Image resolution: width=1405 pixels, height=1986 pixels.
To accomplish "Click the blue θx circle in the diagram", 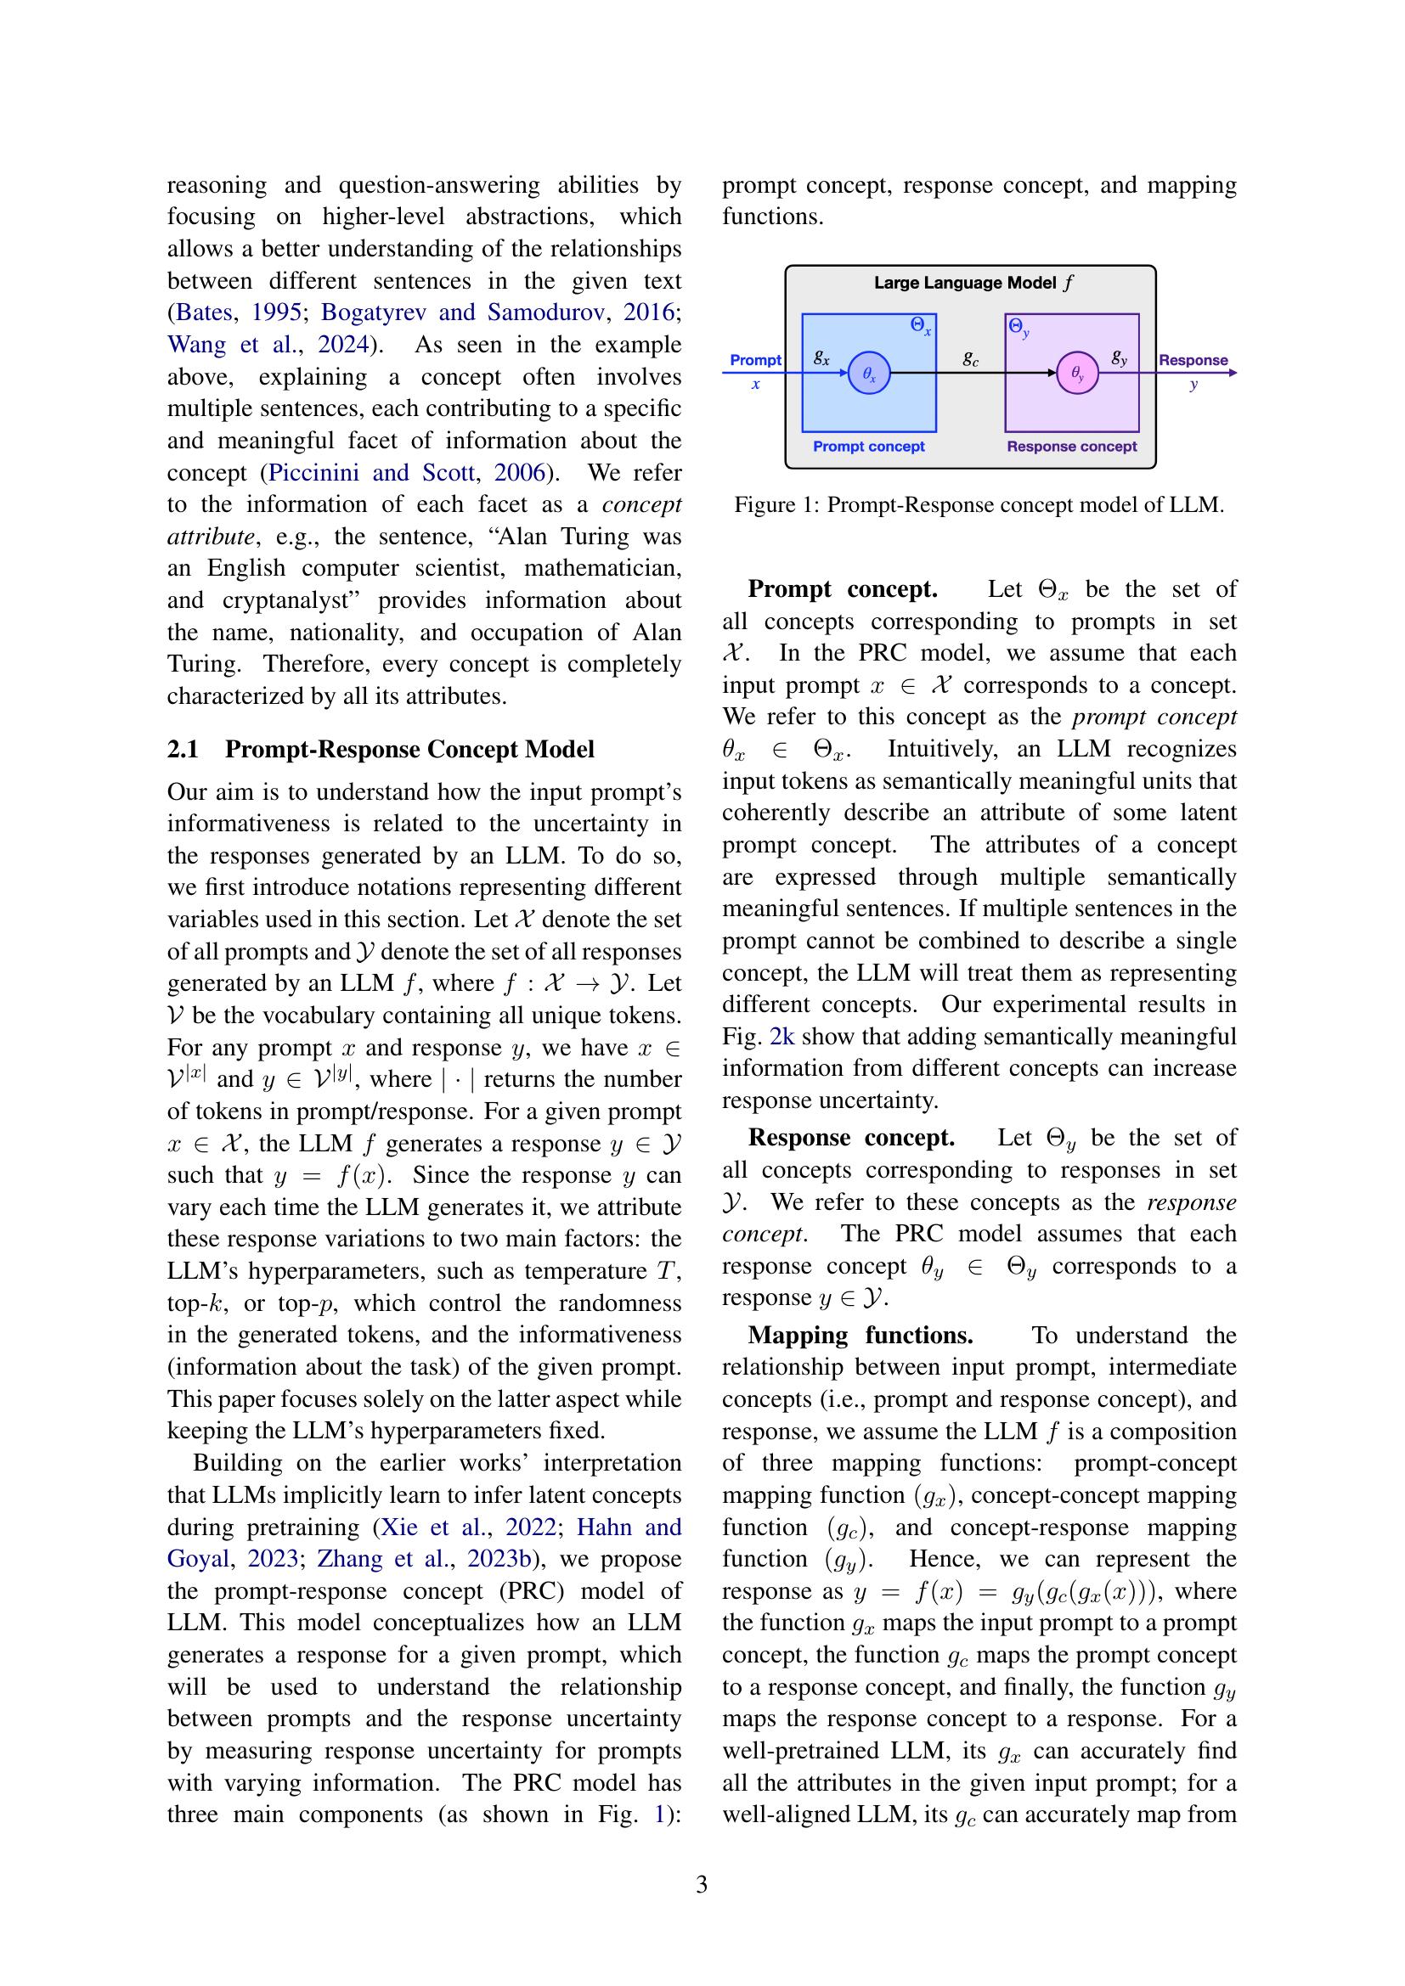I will (x=869, y=374).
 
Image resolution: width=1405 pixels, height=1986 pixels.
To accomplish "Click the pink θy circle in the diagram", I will (x=1077, y=374).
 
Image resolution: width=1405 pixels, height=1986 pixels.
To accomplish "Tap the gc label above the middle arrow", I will (x=971, y=358).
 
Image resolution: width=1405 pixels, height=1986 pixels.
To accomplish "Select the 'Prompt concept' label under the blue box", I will (x=869, y=447).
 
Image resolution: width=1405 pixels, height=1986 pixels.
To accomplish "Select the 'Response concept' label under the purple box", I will (x=1071, y=447).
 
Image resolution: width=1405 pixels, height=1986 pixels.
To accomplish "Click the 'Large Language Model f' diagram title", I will (x=973, y=283).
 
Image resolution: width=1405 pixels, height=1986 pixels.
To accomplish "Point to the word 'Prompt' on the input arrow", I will (x=754, y=360).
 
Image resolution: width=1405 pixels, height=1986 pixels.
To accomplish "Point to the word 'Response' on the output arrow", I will (x=1192, y=360).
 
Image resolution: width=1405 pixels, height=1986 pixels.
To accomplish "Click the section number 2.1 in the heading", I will (x=183, y=749).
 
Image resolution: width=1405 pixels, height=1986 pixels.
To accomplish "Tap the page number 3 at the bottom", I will (x=702, y=1884).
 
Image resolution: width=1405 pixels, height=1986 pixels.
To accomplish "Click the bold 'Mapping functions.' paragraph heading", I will (x=860, y=1336).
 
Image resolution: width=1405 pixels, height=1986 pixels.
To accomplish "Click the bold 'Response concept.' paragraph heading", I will (x=851, y=1138).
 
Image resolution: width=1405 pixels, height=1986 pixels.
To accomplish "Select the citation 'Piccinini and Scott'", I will (x=371, y=473).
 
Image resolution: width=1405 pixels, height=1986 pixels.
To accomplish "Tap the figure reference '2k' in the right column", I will (x=781, y=1036).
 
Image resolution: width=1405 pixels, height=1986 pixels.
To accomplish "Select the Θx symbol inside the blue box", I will (x=921, y=327).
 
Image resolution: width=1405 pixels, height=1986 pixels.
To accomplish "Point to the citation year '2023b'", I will (x=500, y=1560).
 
